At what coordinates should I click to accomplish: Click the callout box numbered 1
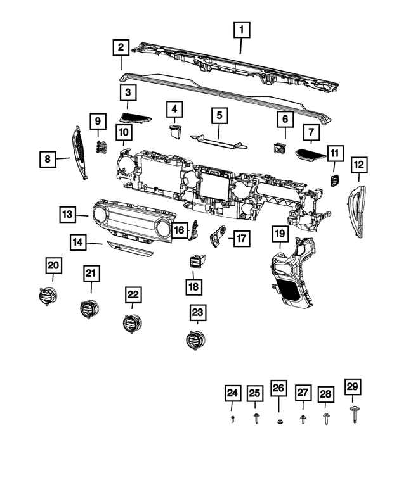pos(241,29)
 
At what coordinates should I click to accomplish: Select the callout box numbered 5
pos(219,115)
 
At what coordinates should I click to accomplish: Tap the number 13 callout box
pos(69,214)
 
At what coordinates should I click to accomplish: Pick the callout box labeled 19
pos(280,234)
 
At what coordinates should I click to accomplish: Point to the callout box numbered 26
pos(278,388)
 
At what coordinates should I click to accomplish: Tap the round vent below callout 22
pos(131,323)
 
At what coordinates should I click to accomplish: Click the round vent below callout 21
pos(89,308)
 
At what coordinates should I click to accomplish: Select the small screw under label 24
pos(233,419)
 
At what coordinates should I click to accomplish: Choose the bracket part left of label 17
pos(218,236)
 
